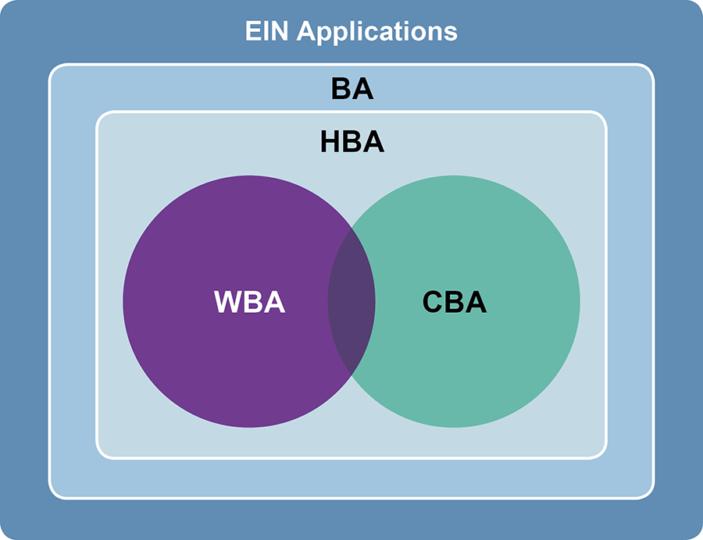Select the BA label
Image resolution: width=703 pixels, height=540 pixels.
[351, 90]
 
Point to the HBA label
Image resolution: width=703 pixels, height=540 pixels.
[351, 142]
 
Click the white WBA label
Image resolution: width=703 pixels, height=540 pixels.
[250, 302]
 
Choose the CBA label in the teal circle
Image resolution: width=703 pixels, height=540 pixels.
[454, 302]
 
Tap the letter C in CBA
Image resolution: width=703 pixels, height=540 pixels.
[434, 302]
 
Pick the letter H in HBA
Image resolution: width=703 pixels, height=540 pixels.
[331, 142]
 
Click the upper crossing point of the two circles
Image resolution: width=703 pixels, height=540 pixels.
[351, 232]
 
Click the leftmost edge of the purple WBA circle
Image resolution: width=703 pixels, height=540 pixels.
[123, 302]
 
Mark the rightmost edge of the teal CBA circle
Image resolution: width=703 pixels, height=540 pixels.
[580, 302]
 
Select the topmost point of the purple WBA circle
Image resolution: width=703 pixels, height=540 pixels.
[249, 176]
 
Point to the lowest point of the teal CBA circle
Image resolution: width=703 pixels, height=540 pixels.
[454, 428]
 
